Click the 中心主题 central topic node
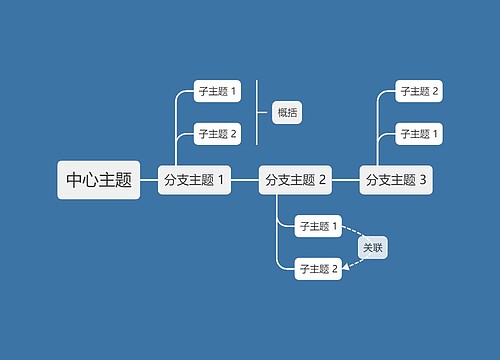click(x=98, y=180)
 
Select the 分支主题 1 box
click(x=194, y=180)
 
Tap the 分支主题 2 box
click(x=295, y=180)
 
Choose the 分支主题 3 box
click(x=396, y=180)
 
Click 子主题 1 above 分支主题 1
click(x=217, y=92)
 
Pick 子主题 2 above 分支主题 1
click(x=217, y=133)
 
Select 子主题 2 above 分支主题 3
click(x=420, y=92)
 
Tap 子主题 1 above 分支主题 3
click(x=420, y=133)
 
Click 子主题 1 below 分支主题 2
click(x=319, y=226)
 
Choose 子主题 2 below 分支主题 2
click(x=319, y=267)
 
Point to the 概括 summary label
click(x=287, y=112)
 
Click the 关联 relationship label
click(x=372, y=247)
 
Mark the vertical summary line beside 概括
click(x=258, y=112)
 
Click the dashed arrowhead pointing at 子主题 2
click(x=347, y=266)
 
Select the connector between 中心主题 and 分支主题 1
click(x=149, y=180)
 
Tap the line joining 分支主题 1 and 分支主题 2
click(x=245, y=180)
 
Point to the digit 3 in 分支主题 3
click(x=423, y=180)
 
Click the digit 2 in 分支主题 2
click(x=322, y=180)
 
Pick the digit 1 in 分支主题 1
click(x=221, y=180)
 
